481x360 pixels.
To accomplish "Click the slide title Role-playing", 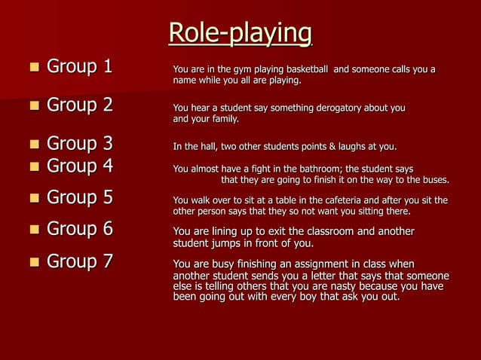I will point(240,33).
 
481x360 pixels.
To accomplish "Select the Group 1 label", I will point(79,67).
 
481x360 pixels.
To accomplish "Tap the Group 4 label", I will point(79,166).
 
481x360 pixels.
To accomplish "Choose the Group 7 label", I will point(79,261).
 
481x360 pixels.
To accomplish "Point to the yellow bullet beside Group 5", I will point(33,198).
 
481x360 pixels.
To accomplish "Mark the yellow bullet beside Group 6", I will point(33,230).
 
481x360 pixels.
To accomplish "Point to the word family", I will point(224,119).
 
